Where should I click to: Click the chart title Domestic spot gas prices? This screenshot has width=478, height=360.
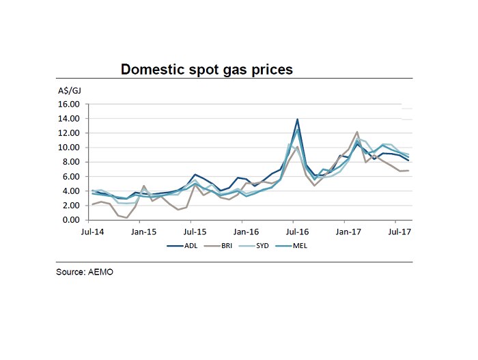[x=206, y=70]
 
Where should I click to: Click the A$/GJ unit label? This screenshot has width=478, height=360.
[x=68, y=90]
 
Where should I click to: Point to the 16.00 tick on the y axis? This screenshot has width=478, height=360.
[x=69, y=105]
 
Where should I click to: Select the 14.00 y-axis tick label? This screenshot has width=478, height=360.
[x=69, y=119]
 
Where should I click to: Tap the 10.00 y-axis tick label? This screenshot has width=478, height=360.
[x=69, y=148]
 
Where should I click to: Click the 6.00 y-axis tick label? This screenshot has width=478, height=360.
[x=71, y=176]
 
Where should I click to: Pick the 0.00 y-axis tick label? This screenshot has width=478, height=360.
[x=71, y=220]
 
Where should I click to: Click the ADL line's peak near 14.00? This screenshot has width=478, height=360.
[x=297, y=120]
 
